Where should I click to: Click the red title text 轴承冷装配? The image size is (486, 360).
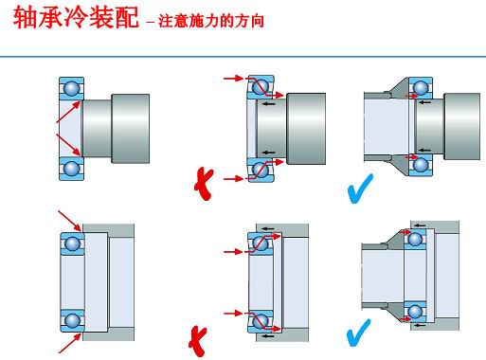click(76, 17)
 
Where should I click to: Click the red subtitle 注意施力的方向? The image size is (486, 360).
click(211, 21)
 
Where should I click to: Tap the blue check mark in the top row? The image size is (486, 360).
click(360, 189)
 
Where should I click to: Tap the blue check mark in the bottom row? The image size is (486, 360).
click(358, 333)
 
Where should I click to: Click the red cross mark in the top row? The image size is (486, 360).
click(204, 184)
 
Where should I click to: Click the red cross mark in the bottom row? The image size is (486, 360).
click(198, 341)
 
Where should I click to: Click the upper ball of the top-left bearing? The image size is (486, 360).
click(72, 88)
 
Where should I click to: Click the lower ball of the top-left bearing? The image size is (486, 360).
click(72, 169)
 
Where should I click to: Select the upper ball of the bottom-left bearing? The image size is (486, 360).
click(72, 243)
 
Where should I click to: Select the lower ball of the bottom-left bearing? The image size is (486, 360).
click(72, 320)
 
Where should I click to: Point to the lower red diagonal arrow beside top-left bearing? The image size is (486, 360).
click(68, 145)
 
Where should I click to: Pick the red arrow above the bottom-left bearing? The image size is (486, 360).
click(70, 222)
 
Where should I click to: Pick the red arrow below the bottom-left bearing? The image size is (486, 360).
click(70, 343)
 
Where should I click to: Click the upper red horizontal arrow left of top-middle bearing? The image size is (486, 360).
click(234, 78)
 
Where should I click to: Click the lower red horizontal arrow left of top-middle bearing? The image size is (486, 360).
click(234, 179)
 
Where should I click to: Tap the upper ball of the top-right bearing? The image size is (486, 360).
click(421, 88)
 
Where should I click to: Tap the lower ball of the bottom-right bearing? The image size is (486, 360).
click(415, 313)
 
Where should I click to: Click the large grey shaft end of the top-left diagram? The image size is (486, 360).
click(130, 129)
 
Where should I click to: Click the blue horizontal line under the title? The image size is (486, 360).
click(243, 57)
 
